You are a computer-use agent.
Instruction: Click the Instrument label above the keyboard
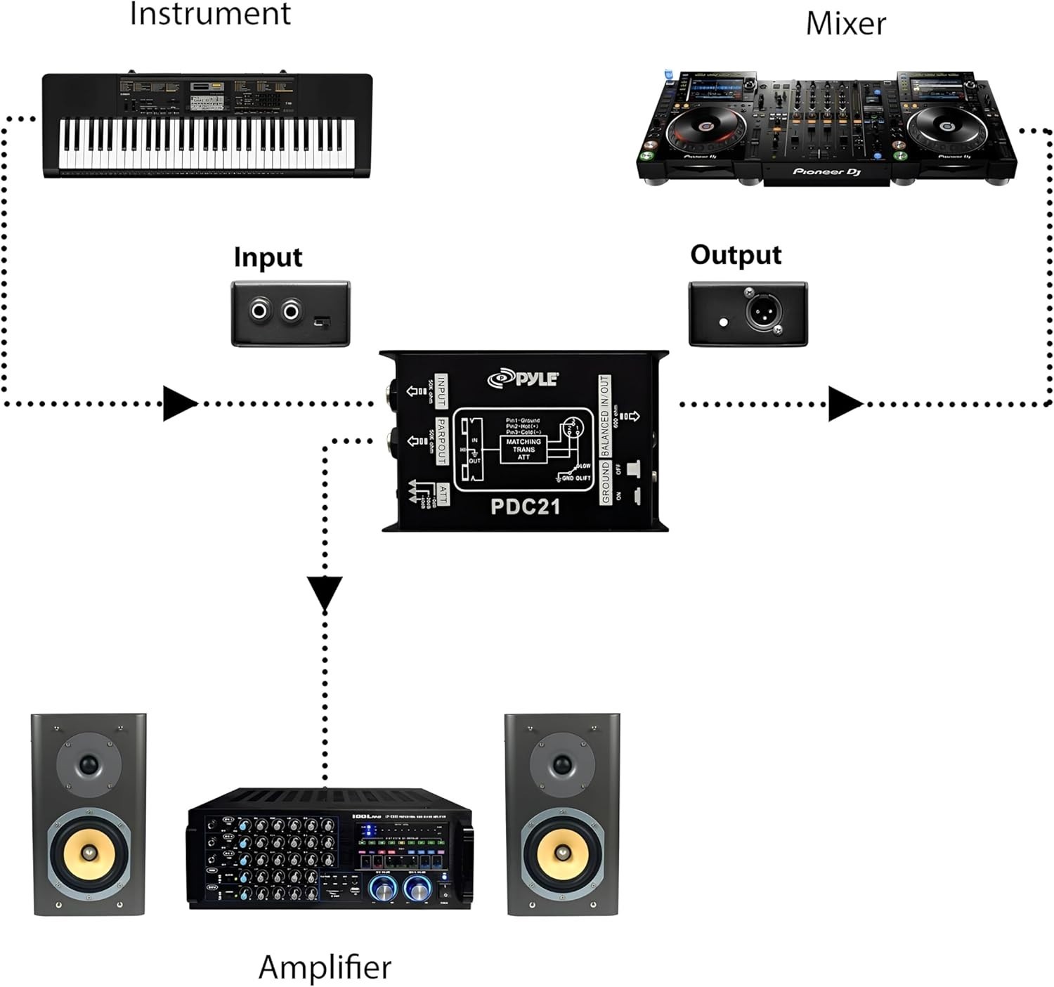(x=209, y=14)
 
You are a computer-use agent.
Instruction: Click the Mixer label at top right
(x=845, y=24)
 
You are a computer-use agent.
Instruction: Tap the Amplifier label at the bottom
(x=325, y=967)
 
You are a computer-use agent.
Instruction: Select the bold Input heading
(x=268, y=257)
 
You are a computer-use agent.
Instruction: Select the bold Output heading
(x=735, y=255)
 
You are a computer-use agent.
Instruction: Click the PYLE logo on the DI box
(x=523, y=379)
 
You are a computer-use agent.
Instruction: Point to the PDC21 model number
(x=525, y=506)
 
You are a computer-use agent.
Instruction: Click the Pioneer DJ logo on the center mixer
(x=826, y=171)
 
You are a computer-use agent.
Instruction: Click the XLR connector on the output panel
(x=760, y=312)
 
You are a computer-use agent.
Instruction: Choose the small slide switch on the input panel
(x=322, y=321)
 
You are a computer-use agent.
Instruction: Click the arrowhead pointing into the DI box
(x=179, y=403)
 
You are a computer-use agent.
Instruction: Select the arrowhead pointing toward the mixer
(x=845, y=404)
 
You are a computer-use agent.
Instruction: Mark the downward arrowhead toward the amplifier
(x=325, y=592)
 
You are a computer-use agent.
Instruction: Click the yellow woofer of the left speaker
(x=89, y=852)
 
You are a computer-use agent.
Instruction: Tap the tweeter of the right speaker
(x=561, y=764)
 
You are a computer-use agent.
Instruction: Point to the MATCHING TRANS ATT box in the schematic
(x=523, y=450)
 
